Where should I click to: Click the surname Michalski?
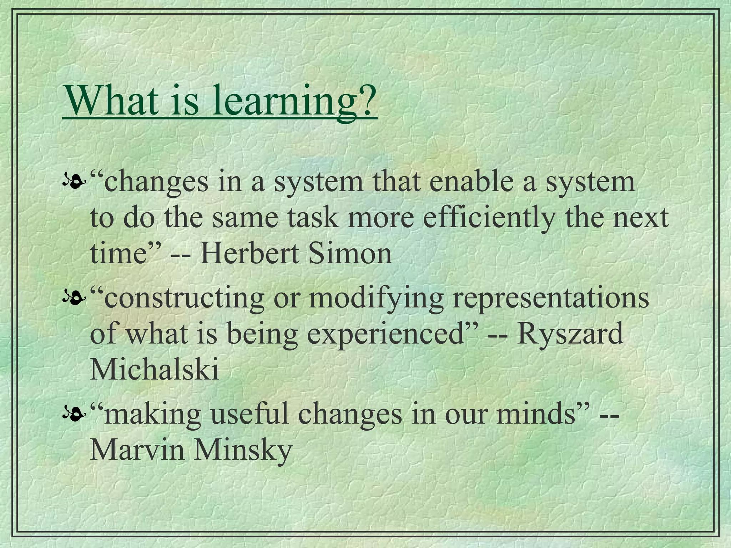154,370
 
